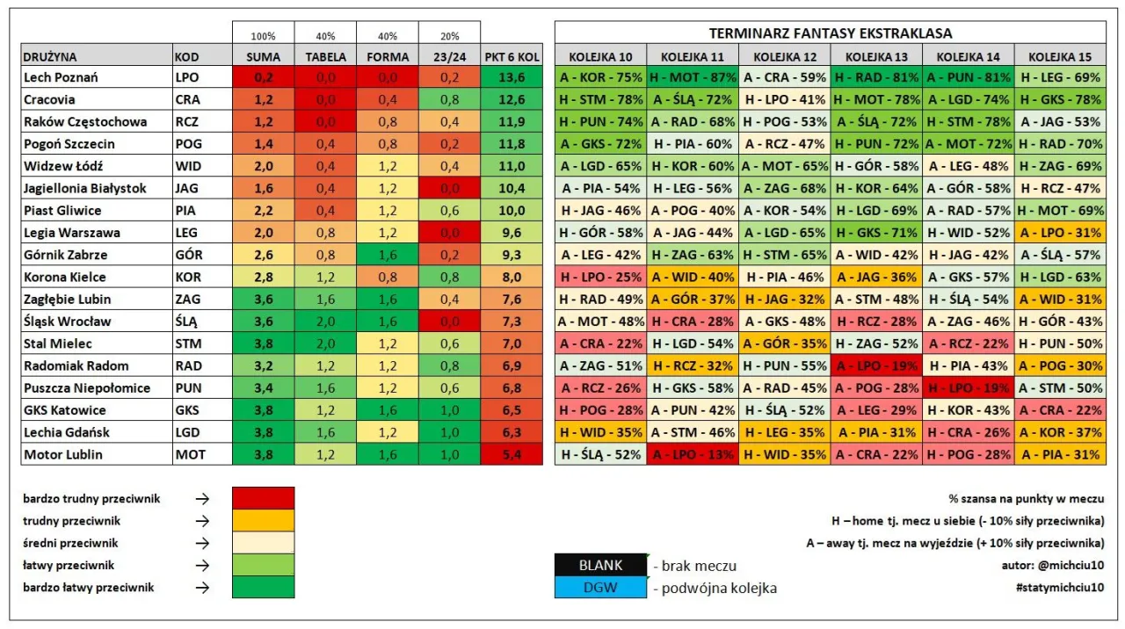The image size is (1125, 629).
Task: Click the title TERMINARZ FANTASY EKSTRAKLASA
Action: [831, 33]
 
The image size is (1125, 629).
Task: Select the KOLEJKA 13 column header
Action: [876, 56]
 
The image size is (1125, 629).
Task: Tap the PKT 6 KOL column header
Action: [512, 56]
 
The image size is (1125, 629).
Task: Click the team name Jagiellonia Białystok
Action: [85, 188]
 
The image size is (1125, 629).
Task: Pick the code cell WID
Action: [188, 166]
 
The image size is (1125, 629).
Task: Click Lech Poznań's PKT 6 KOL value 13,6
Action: [512, 77]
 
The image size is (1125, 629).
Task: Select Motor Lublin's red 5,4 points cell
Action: [512, 454]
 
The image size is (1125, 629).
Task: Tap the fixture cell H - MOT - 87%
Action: [693, 77]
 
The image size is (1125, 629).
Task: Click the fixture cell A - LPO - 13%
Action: [693, 454]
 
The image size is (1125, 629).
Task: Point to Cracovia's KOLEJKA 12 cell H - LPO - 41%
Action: [784, 99]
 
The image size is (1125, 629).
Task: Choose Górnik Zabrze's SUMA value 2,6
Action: [263, 255]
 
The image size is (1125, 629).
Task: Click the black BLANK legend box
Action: [600, 565]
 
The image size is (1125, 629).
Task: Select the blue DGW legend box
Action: [600, 588]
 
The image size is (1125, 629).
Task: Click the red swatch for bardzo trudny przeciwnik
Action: [263, 498]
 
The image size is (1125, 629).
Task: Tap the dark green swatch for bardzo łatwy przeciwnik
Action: [263, 587]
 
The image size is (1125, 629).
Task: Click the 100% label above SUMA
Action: [263, 37]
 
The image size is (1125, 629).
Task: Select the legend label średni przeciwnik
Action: [70, 543]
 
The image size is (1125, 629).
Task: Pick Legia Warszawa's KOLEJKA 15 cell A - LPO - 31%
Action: [1059, 233]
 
